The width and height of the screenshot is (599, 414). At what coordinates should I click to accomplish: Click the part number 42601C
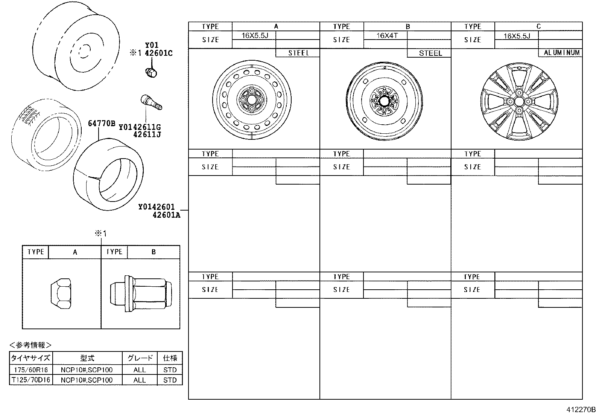[x=158, y=53]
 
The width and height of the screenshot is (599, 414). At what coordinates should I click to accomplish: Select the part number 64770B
[x=102, y=124]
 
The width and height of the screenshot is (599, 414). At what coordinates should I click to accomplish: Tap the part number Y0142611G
[x=140, y=127]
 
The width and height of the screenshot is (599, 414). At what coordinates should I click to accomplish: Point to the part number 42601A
[x=166, y=215]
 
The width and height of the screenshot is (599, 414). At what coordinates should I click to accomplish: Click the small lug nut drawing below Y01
[x=151, y=72]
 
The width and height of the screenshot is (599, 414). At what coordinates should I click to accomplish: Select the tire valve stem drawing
[x=151, y=102]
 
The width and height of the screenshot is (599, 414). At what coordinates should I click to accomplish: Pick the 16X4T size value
[x=387, y=35]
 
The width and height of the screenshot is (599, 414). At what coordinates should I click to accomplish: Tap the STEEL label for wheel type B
[x=430, y=53]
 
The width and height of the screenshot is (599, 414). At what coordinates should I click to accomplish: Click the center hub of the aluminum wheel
[x=519, y=101]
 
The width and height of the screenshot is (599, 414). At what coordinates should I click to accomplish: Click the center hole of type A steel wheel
[x=252, y=100]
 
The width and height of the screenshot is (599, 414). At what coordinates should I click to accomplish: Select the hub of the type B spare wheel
[x=384, y=101]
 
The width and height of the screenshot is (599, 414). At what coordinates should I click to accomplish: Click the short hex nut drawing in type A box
[x=61, y=293]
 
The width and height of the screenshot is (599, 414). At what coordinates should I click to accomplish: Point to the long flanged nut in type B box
[x=141, y=293]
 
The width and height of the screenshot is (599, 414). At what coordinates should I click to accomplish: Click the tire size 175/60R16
[x=31, y=370]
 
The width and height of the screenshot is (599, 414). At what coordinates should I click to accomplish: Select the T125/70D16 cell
[x=31, y=380]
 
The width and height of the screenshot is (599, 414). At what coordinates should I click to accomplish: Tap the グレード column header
[x=140, y=358]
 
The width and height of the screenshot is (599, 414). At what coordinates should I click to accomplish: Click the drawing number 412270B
[x=581, y=409]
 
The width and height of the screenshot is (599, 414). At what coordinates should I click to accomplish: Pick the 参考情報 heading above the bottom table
[x=30, y=345]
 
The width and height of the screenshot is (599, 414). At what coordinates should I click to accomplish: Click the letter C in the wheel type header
[x=538, y=26]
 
